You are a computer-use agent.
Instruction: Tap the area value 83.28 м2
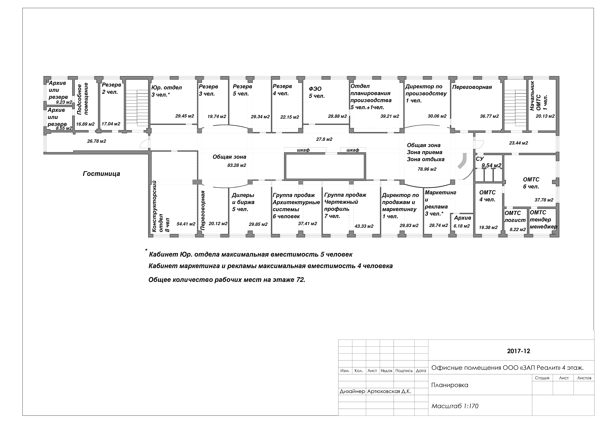tap(237, 165)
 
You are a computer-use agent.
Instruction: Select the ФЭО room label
tap(315, 89)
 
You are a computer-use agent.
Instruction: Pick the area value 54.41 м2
tap(186, 224)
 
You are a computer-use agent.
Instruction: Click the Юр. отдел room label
tap(166, 88)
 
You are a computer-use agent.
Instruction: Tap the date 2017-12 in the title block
tap(519, 351)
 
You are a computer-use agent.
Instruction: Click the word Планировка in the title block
tap(450, 385)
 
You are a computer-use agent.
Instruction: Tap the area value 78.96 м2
tap(427, 169)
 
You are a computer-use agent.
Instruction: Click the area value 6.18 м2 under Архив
tap(462, 226)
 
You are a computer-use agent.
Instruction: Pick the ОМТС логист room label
tap(515, 217)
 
